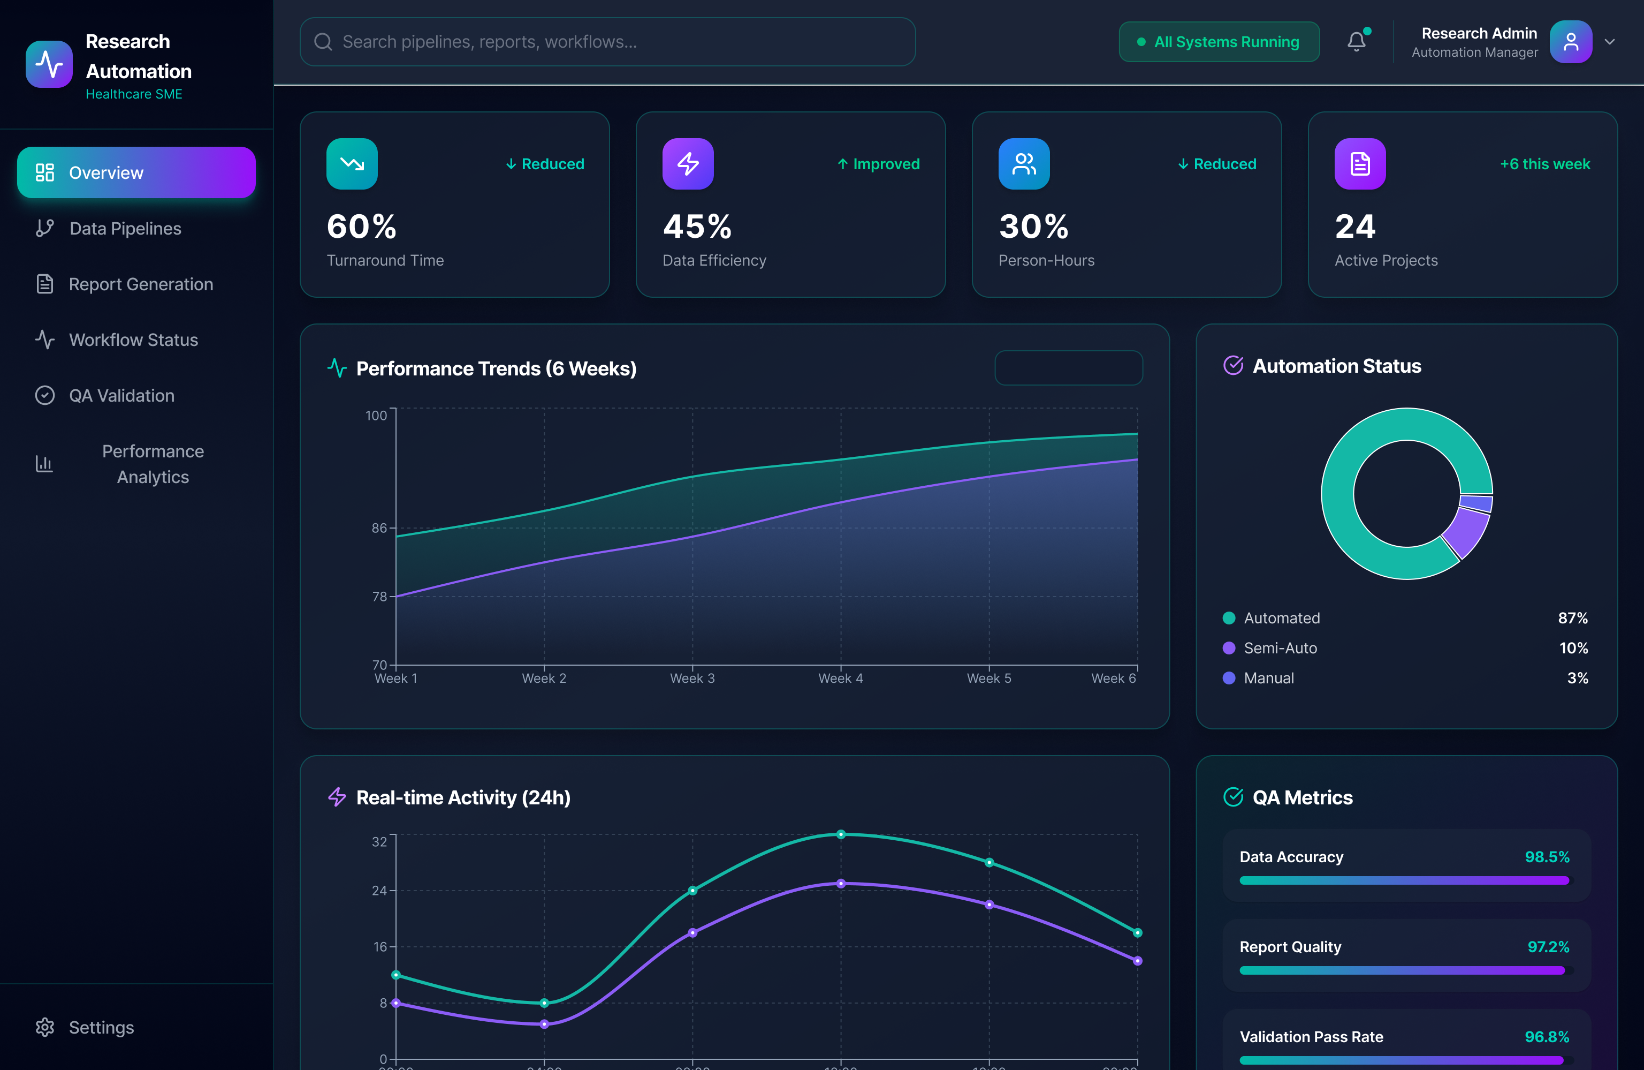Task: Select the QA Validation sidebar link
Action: [121, 395]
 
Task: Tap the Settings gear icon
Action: [45, 1027]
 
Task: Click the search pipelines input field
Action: [608, 42]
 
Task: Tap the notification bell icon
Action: [1357, 42]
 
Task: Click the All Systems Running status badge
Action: [1219, 42]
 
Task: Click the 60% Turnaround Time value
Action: [361, 227]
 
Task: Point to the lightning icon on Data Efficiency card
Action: [687, 164]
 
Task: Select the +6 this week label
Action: [1544, 164]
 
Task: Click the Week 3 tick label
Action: [692, 678]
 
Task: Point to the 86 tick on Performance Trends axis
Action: [379, 528]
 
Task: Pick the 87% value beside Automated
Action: [1572, 618]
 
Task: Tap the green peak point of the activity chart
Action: [841, 834]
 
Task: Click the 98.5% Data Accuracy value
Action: [1547, 857]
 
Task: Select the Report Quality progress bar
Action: [1405, 970]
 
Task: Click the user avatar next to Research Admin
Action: [1571, 42]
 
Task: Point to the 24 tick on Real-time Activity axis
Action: [379, 890]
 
